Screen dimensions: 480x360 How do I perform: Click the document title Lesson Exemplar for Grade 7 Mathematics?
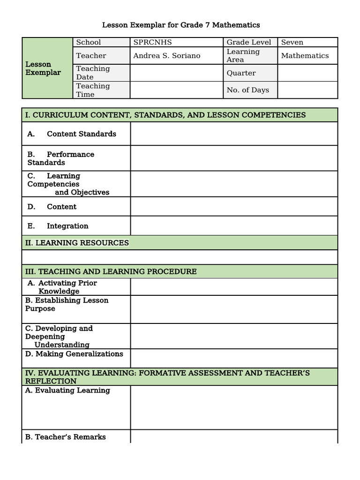tap(181, 25)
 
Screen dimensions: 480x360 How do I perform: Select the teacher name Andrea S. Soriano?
tap(166, 56)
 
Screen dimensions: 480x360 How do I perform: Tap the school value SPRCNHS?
tap(153, 42)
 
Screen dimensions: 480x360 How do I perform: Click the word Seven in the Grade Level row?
tap(292, 42)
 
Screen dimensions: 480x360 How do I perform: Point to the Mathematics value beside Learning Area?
tap(305, 56)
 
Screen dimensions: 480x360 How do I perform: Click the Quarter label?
tap(241, 73)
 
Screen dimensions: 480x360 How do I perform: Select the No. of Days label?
tap(247, 90)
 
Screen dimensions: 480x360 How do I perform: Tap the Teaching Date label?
tap(93, 73)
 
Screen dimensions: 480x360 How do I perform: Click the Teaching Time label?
tap(93, 90)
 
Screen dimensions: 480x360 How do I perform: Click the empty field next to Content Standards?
tap(233, 134)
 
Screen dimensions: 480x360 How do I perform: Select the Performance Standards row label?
tap(60, 158)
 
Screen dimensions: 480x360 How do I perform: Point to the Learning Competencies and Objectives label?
tap(68, 184)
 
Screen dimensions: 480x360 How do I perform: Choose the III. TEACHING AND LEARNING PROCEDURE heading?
tap(111, 271)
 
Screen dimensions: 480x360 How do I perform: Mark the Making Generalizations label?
tap(74, 354)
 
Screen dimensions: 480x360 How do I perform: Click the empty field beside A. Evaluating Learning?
tap(233, 407)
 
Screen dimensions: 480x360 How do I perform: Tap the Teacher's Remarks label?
tap(66, 437)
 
